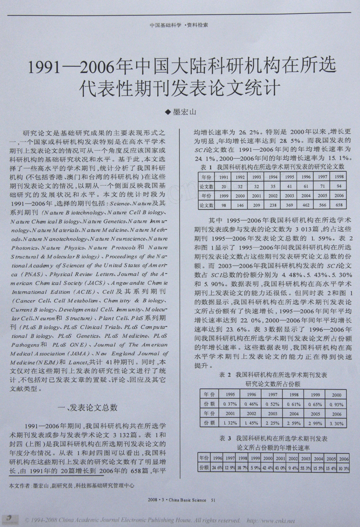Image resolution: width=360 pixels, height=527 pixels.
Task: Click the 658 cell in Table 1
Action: coord(339,205)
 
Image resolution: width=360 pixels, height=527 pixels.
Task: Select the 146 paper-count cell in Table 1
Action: coord(240,205)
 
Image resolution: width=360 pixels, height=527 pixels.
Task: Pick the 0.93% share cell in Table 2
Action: coord(337,404)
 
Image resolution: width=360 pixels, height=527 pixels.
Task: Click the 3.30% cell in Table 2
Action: coord(337,424)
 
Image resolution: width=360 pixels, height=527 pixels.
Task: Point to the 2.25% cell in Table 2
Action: coord(273,424)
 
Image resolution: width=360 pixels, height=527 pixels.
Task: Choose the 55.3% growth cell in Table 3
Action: coord(306,468)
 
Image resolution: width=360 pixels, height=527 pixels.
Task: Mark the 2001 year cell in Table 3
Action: coord(280,459)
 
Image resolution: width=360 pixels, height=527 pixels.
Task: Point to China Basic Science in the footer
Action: coord(187,500)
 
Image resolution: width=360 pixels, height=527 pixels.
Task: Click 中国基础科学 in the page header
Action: coord(166,26)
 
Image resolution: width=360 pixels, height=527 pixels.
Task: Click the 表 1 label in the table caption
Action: coord(206,167)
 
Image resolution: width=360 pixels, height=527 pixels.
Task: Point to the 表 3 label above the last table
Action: coord(225,438)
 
